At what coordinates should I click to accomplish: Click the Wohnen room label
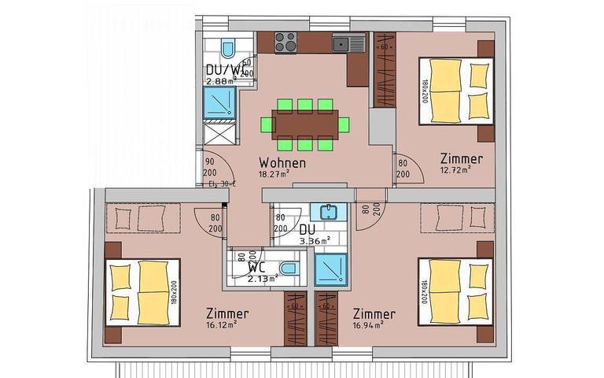point(281,164)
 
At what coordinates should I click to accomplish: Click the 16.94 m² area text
point(367,324)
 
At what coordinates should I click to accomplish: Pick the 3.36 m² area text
point(315,240)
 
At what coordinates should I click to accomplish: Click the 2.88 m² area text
point(221,81)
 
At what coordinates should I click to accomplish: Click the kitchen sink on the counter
point(344,43)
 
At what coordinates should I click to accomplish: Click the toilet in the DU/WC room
point(228,50)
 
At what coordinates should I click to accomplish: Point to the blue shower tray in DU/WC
point(219,102)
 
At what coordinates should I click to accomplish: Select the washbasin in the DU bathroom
point(326,213)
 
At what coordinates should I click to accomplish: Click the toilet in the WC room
point(289,269)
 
